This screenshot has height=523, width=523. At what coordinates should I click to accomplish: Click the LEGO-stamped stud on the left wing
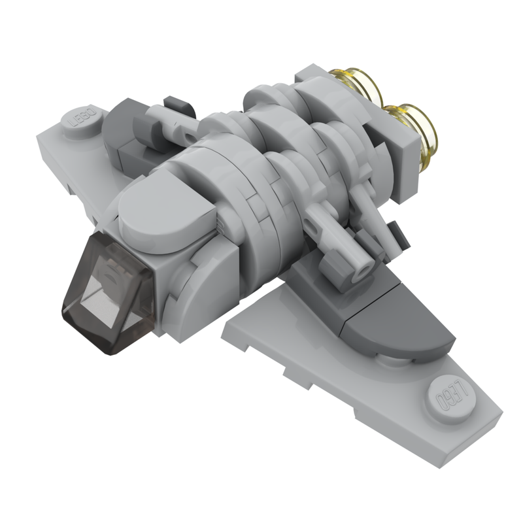click(x=84, y=118)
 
